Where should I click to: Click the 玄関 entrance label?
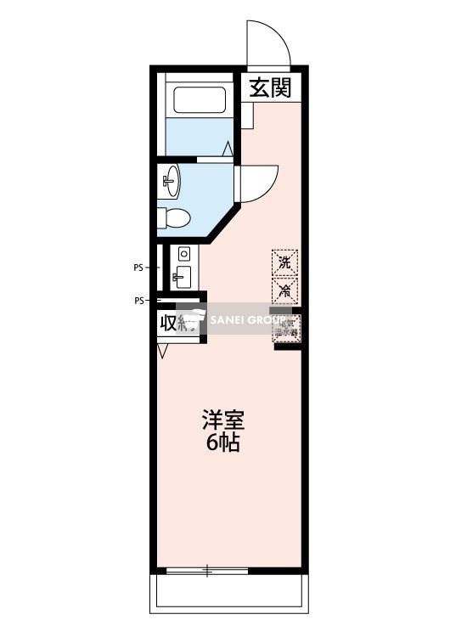(x=271, y=87)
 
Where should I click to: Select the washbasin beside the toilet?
(x=172, y=179)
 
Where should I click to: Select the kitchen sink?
(x=182, y=275)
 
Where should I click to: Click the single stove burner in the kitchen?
(x=183, y=253)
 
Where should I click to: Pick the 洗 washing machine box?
(x=285, y=262)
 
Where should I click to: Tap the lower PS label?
(x=138, y=300)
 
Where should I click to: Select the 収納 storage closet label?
(x=177, y=323)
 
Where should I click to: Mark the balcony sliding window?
(x=207, y=570)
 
